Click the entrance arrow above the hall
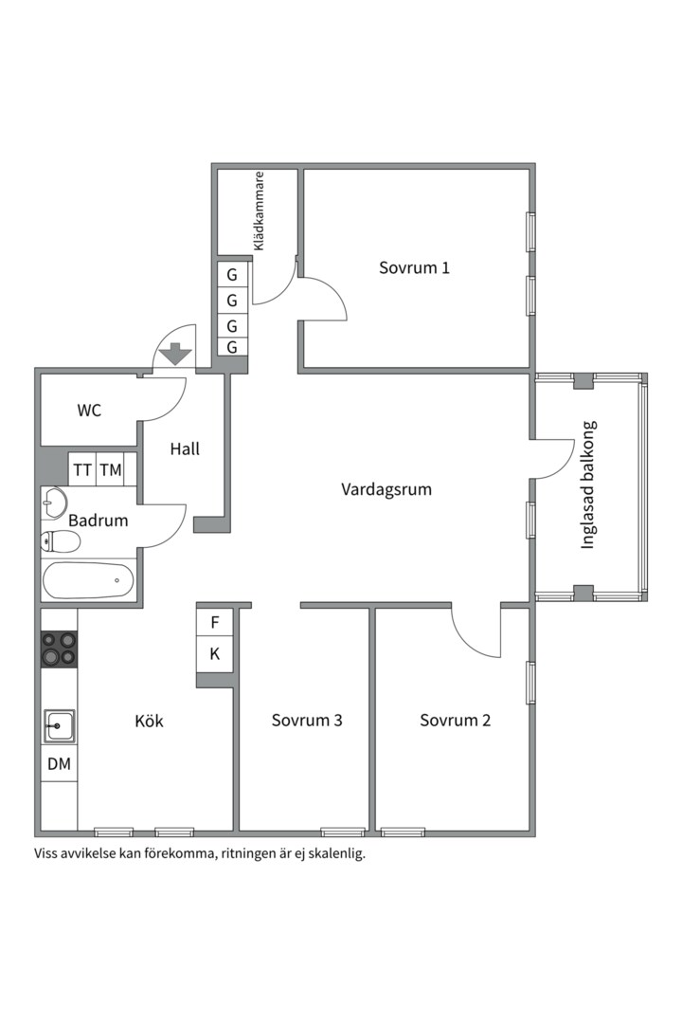tap(176, 354)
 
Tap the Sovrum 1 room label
tap(415, 267)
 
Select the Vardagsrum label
tap(386, 489)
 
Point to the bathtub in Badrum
tap(88, 580)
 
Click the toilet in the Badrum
tap(60, 540)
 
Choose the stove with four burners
tap(59, 649)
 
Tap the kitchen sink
tap(59, 725)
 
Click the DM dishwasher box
tap(60, 763)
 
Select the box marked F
tap(215, 622)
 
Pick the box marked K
tap(215, 653)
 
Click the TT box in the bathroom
tap(82, 469)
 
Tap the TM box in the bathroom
tap(111, 469)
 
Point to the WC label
tap(89, 411)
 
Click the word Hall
tap(185, 448)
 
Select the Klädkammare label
tap(260, 210)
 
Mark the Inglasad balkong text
tap(588, 485)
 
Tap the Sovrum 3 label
tap(307, 721)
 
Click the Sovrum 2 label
tap(455, 721)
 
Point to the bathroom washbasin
tap(54, 503)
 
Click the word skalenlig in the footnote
tap(340, 853)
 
